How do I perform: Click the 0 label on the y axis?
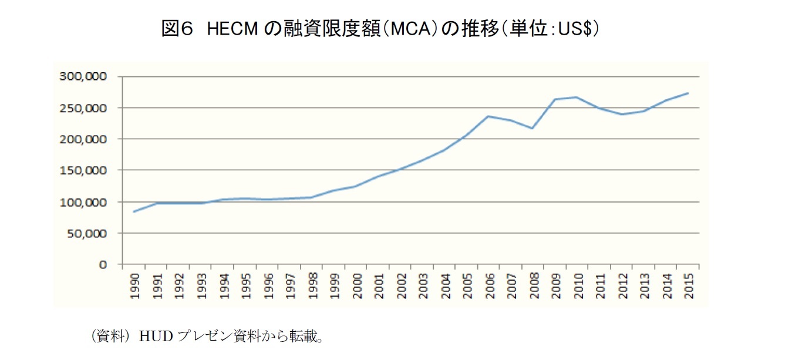tap(103, 265)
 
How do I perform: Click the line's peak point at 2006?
tap(487, 116)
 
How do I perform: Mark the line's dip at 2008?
tap(532, 128)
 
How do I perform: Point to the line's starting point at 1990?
tap(134, 211)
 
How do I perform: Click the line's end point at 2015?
tap(687, 93)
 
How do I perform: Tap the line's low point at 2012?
tap(621, 115)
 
